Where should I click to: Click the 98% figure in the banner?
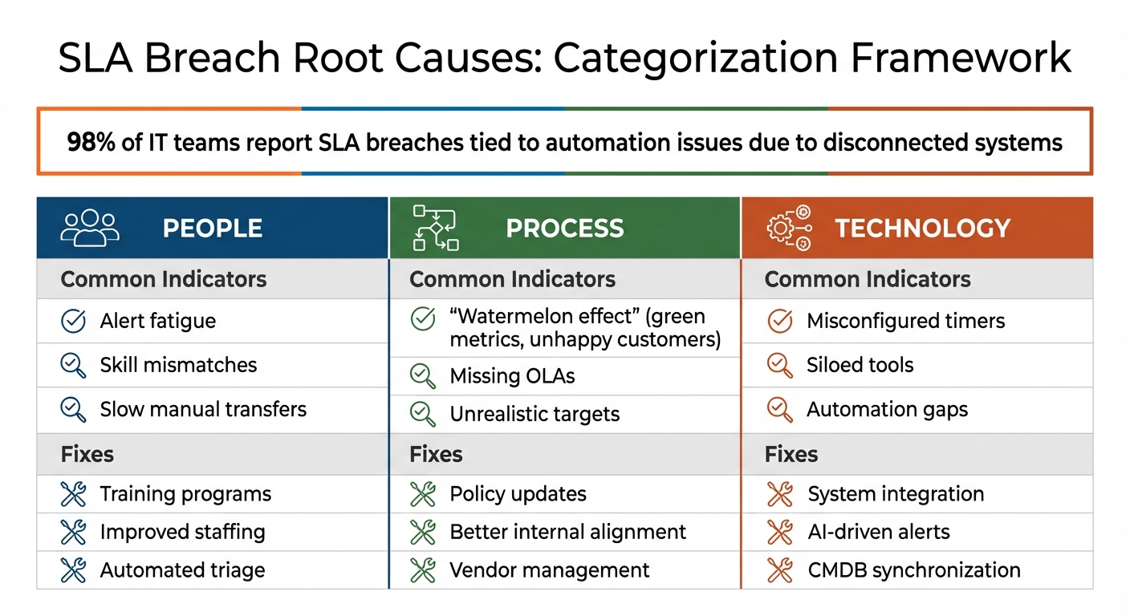(x=91, y=143)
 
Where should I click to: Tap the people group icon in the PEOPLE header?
(x=90, y=228)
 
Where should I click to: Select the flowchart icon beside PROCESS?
(x=435, y=228)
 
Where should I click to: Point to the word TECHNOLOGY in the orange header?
(x=922, y=229)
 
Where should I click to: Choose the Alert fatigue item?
(x=157, y=321)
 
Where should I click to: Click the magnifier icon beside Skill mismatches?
(x=74, y=365)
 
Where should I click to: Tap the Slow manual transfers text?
(x=203, y=409)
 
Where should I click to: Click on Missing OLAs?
(x=512, y=376)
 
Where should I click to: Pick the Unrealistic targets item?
(x=535, y=415)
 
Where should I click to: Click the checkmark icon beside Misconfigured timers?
(x=779, y=321)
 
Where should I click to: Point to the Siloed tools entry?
(x=860, y=365)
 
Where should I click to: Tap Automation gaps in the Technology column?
(x=887, y=409)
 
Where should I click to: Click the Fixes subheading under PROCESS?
(x=436, y=454)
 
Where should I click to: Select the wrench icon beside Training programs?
(x=74, y=494)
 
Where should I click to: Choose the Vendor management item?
(x=549, y=570)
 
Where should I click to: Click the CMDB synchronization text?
(x=913, y=570)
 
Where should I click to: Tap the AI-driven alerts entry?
(x=878, y=532)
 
